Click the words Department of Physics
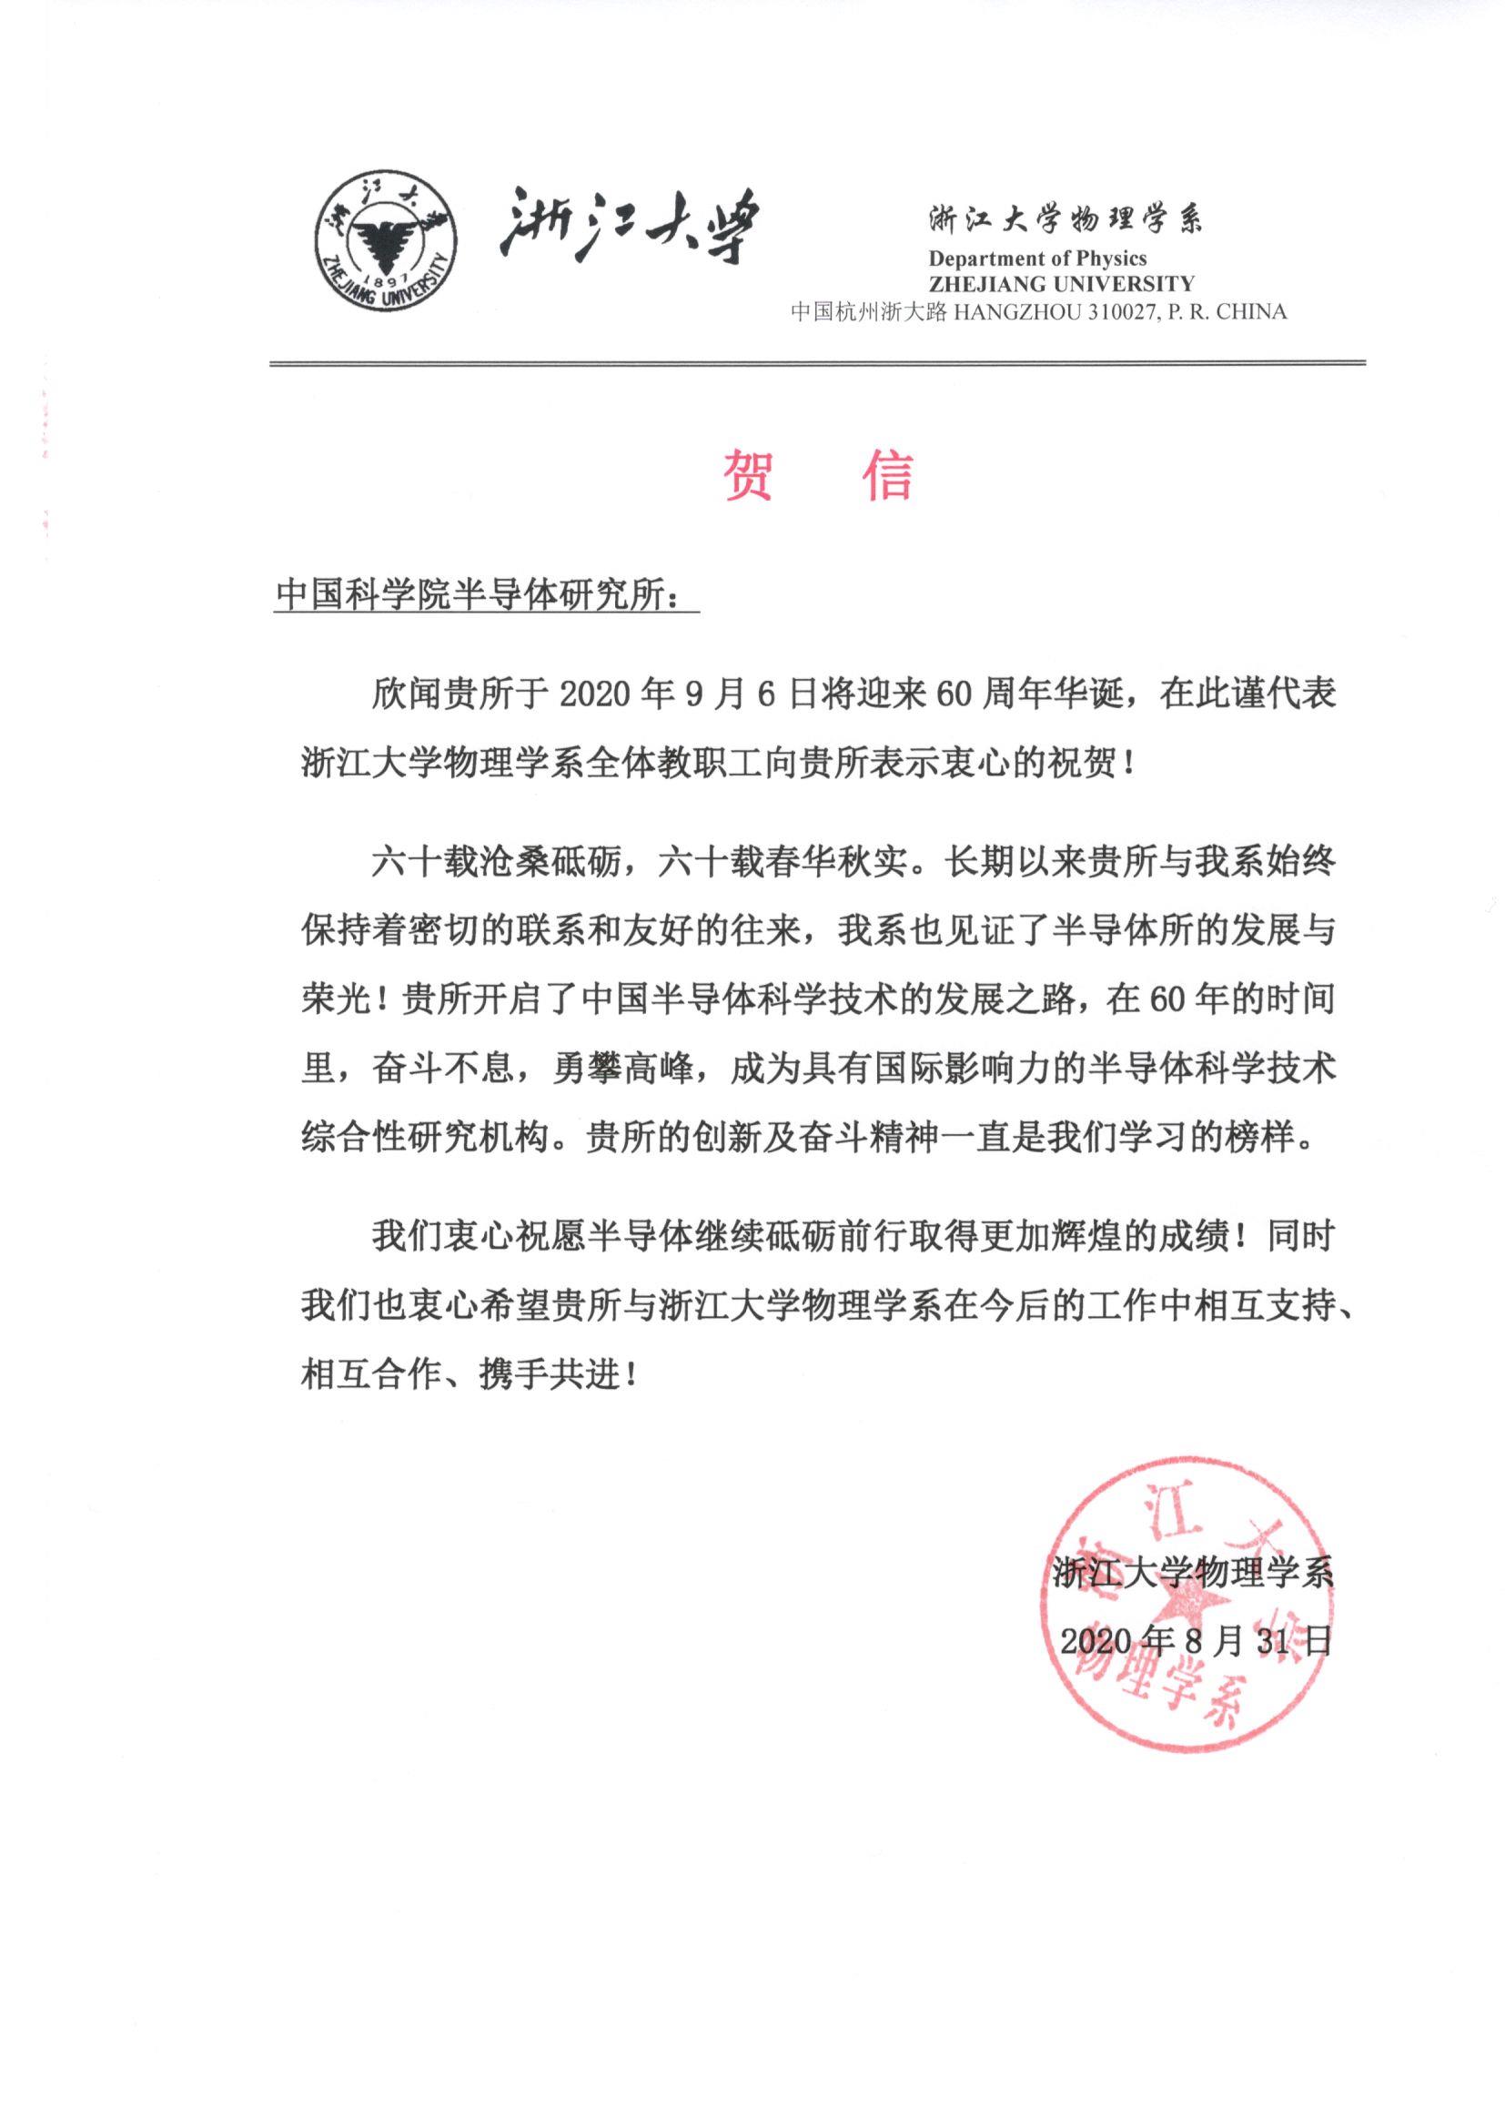[1037, 258]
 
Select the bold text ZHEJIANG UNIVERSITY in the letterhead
[1061, 284]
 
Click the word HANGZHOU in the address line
[1015, 312]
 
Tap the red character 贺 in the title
[748, 474]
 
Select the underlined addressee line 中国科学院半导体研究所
[479, 595]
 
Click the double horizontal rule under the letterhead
[817, 363]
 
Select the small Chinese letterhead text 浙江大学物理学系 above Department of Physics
[1065, 220]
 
